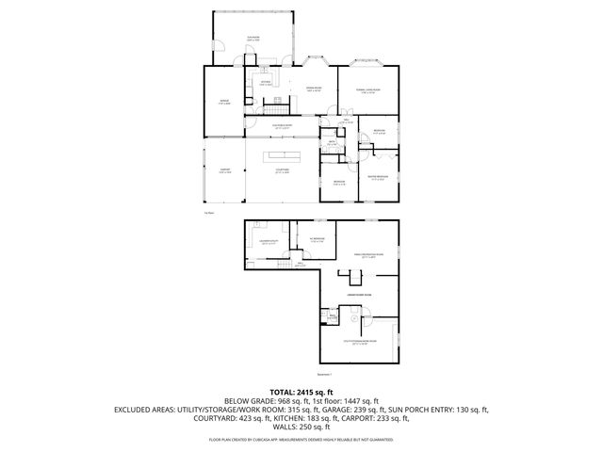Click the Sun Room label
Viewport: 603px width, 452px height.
tap(253, 38)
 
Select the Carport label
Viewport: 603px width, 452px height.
tap(224, 170)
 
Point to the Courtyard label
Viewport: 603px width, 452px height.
tap(281, 170)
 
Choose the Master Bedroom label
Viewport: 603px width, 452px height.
tap(377, 179)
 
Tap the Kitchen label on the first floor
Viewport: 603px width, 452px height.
tap(265, 83)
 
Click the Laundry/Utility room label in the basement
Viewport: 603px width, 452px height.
tap(269, 243)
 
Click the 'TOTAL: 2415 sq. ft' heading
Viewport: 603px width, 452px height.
tap(301, 391)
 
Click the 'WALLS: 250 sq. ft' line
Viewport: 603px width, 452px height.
tap(301, 428)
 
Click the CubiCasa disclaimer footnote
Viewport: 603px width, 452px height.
tap(301, 439)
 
